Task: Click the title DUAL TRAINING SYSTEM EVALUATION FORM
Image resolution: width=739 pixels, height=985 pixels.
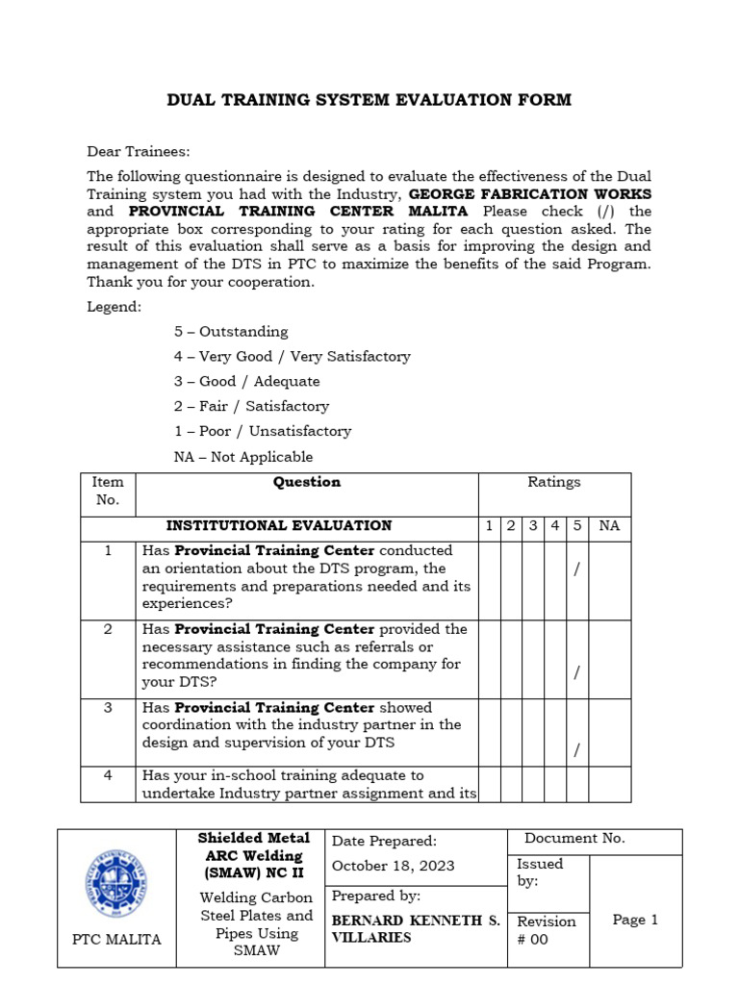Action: click(x=369, y=100)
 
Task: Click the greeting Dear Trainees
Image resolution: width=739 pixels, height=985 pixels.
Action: click(x=139, y=152)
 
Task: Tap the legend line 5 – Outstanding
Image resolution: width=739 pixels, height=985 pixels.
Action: click(x=231, y=332)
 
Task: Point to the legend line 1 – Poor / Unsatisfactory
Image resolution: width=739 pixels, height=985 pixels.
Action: click(x=263, y=432)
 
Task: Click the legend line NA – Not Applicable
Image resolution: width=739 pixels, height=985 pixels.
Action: click(x=243, y=457)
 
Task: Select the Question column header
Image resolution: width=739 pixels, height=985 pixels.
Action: click(x=307, y=483)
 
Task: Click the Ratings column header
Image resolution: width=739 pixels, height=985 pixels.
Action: click(x=554, y=483)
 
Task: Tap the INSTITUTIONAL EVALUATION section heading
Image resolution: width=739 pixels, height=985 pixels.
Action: click(x=279, y=526)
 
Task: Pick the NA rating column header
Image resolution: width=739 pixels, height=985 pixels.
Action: click(x=609, y=526)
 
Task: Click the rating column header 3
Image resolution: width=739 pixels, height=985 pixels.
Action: click(x=532, y=526)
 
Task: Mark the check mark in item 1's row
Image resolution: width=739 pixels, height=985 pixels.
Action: click(x=576, y=570)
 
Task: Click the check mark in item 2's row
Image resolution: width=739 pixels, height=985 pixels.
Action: click(x=576, y=673)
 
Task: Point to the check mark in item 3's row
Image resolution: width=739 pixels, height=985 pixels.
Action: click(x=576, y=750)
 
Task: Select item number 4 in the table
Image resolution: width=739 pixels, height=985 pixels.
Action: click(x=108, y=775)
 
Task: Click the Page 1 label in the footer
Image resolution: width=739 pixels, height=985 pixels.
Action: click(x=635, y=921)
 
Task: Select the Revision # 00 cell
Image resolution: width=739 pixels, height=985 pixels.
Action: click(x=546, y=930)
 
